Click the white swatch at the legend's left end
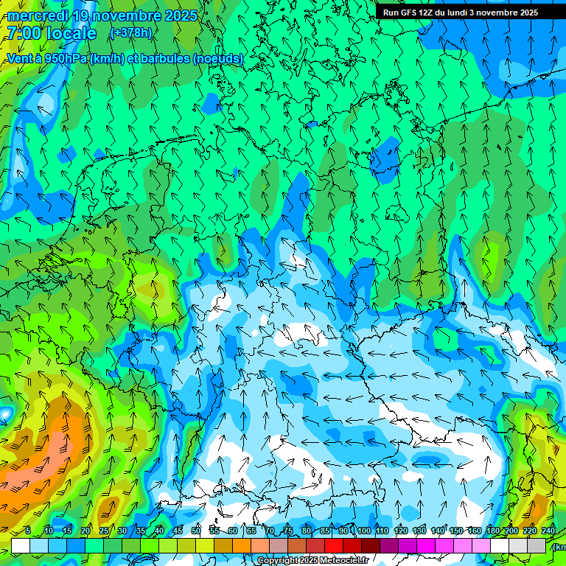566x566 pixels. tap(20, 545)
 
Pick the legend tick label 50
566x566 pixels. tap(196, 531)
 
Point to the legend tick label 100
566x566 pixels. tap(363, 531)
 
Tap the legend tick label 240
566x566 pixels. tap(548, 531)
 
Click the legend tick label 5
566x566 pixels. tap(28, 531)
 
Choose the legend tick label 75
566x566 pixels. tap(288, 531)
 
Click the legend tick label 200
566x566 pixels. tap(511, 531)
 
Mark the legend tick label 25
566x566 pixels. tap(104, 531)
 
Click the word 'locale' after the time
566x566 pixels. tap(71, 34)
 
